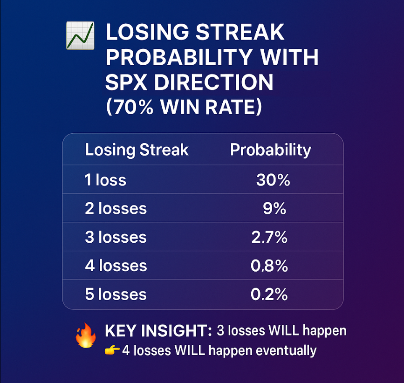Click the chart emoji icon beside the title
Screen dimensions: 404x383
[81, 35]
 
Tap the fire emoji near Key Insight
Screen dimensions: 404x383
[86, 335]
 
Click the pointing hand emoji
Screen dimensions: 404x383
[112, 350]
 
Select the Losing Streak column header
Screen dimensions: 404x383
[137, 150]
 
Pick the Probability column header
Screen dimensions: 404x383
[271, 150]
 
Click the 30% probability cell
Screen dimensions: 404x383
[273, 180]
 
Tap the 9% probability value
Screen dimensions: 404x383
[274, 208]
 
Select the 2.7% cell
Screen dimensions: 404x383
[269, 237]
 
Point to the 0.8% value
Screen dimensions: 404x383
[269, 266]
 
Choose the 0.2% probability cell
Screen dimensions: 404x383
[269, 294]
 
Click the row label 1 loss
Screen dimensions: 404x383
[105, 180]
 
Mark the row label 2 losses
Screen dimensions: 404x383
[116, 208]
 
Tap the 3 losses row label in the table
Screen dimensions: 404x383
[116, 237]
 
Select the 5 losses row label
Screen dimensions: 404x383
[116, 294]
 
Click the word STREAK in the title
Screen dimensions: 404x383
[240, 32]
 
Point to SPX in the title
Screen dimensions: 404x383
[126, 82]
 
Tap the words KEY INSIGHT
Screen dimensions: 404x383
[158, 331]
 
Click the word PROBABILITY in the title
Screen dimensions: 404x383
[179, 57]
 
